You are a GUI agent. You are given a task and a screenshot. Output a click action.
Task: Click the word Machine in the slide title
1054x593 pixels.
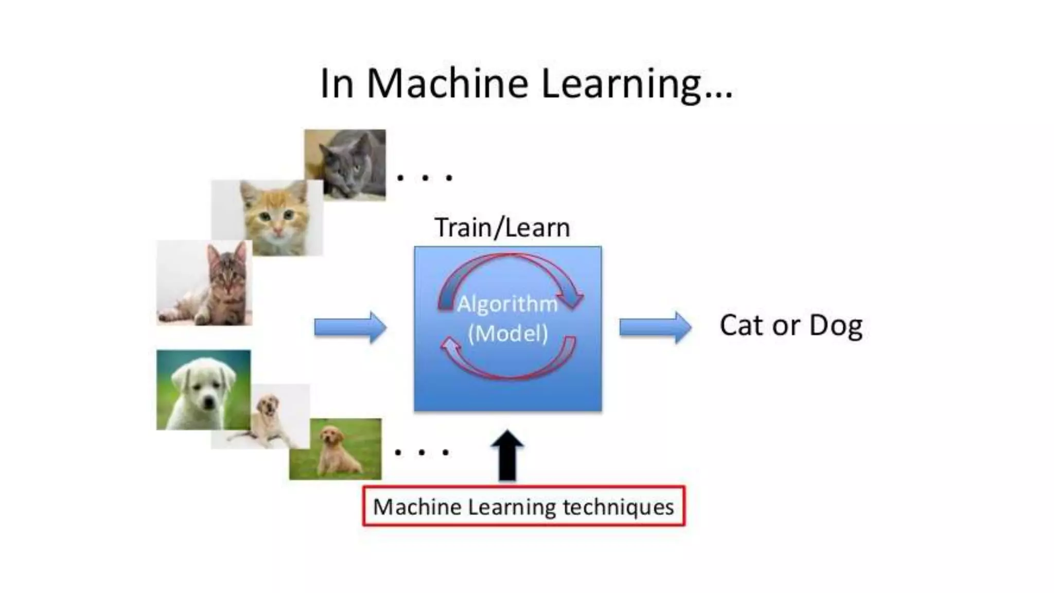click(x=447, y=83)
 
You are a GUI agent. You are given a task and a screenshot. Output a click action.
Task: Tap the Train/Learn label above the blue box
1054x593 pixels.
click(x=502, y=228)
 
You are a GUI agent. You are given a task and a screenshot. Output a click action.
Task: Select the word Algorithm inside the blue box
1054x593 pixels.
click(x=507, y=304)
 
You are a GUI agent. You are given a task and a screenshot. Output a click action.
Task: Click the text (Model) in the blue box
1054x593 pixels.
click(x=507, y=333)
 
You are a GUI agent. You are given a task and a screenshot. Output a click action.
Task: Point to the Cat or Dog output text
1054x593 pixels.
click(x=790, y=325)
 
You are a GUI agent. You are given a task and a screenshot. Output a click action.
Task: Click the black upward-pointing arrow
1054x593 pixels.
click(x=507, y=456)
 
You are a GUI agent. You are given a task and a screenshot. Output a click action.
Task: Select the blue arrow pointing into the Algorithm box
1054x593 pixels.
click(x=350, y=327)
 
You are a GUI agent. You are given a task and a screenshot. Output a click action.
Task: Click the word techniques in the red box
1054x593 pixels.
click(x=618, y=507)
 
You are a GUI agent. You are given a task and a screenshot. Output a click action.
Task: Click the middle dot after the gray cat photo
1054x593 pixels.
click(x=425, y=178)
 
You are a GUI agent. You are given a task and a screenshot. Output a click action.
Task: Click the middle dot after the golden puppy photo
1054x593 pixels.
click(x=422, y=453)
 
